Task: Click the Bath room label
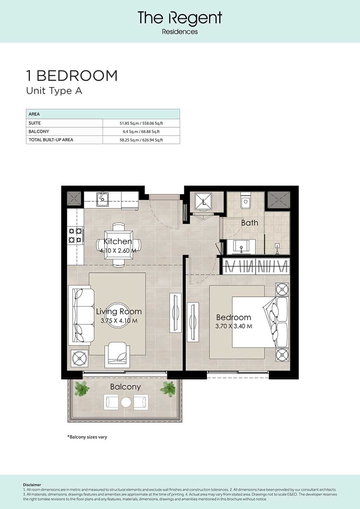[250, 223]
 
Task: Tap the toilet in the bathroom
[245, 200]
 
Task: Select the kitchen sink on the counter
[103, 199]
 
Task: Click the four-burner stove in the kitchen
[75, 236]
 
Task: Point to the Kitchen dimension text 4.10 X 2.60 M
[118, 251]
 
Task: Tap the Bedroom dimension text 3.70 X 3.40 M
[234, 326]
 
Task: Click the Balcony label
[126, 387]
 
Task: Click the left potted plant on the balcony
[82, 389]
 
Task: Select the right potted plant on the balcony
[168, 389]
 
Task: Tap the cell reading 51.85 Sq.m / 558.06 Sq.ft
[141, 123]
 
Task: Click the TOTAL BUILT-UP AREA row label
[51, 140]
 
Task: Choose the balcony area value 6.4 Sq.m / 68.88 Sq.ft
[141, 131]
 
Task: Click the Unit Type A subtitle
[54, 91]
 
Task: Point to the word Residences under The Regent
[180, 32]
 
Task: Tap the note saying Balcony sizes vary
[87, 437]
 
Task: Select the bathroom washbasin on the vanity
[241, 247]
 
